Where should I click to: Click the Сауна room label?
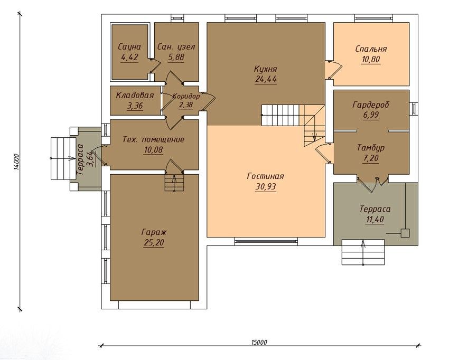pyautogui.click(x=129, y=47)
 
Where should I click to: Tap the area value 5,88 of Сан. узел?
pyautogui.click(x=176, y=57)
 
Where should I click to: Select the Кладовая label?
pyautogui.click(x=135, y=95)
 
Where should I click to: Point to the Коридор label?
pyautogui.click(x=186, y=96)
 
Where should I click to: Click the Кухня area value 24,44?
pyautogui.click(x=266, y=79)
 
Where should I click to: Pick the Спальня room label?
pyautogui.click(x=371, y=49)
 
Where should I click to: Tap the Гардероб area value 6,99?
pyautogui.click(x=371, y=115)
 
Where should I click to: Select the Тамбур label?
pyautogui.click(x=371, y=148)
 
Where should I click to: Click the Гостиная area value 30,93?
pyautogui.click(x=266, y=186)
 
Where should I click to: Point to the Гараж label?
pyautogui.click(x=154, y=232)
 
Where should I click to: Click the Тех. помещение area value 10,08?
pyautogui.click(x=154, y=150)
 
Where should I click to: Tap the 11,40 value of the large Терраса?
pyautogui.click(x=375, y=220)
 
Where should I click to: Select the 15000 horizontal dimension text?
pyautogui.click(x=259, y=342)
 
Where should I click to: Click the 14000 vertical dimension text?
pyautogui.click(x=16, y=162)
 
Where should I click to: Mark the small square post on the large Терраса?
pyautogui.click(x=405, y=233)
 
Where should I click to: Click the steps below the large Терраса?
pyautogui.click(x=363, y=252)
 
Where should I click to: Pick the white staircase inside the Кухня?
pyautogui.click(x=280, y=115)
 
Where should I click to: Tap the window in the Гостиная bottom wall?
pyautogui.click(x=266, y=242)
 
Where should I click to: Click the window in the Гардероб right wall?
pyautogui.click(x=414, y=109)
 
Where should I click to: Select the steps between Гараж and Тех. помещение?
pyautogui.click(x=174, y=183)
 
